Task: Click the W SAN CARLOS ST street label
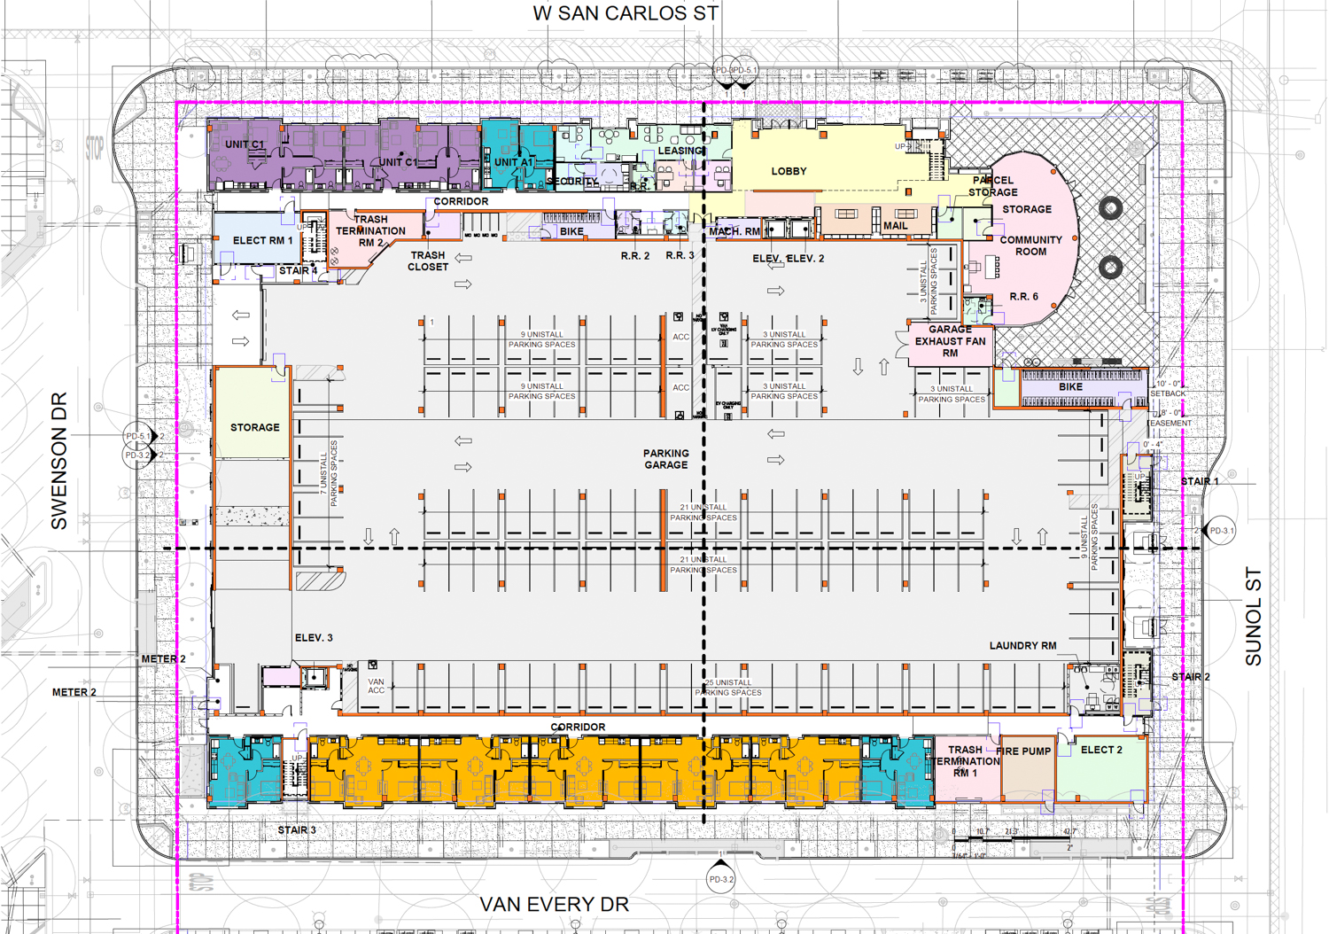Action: click(x=626, y=13)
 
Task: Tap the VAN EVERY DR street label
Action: click(x=554, y=905)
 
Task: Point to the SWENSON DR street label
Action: click(x=58, y=461)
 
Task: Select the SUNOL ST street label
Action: click(x=1253, y=617)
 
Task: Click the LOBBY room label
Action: click(x=789, y=171)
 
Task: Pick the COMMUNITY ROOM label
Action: click(x=1030, y=245)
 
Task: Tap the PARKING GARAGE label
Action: click(x=665, y=459)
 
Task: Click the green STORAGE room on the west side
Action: click(x=254, y=427)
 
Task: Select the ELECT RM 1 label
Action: click(x=262, y=240)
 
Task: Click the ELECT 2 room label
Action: click(x=1101, y=750)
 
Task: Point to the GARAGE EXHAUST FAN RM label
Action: click(x=950, y=341)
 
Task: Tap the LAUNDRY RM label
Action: click(x=1022, y=646)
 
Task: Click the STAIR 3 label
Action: click(x=297, y=830)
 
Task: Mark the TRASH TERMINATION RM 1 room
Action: click(x=966, y=761)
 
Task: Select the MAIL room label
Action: click(x=895, y=226)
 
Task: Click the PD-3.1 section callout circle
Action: click(x=1222, y=531)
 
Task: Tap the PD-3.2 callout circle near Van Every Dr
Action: click(x=721, y=880)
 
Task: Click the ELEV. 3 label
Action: click(x=314, y=638)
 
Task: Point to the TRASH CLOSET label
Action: click(x=427, y=261)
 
